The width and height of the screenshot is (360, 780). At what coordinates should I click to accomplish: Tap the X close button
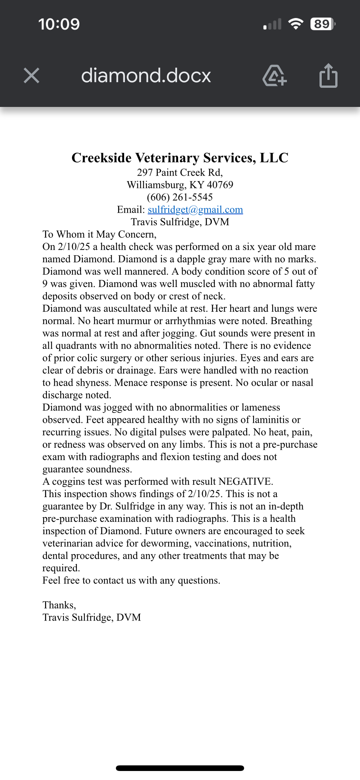point(31,75)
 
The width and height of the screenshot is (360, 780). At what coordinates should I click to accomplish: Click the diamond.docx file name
point(146,75)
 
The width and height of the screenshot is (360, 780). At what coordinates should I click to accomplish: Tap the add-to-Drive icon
point(274,75)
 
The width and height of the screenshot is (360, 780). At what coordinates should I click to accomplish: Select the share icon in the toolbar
point(328,75)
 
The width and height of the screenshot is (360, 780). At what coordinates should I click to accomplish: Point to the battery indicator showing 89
point(322,24)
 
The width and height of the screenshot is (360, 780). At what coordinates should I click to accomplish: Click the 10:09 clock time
point(59,24)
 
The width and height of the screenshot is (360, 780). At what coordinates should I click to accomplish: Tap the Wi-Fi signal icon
point(295,24)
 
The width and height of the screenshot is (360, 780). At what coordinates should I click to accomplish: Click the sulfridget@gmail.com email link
point(195,209)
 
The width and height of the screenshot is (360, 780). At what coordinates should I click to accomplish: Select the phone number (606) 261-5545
point(180,197)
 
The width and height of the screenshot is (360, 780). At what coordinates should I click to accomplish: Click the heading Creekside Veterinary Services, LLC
point(180,158)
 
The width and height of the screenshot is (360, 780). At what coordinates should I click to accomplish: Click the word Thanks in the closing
point(58,605)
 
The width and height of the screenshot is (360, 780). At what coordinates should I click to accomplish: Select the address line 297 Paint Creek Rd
point(180,172)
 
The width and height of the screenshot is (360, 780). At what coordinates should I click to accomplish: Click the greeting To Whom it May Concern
point(99,234)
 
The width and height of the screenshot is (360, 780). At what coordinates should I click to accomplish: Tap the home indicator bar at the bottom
point(180,768)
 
